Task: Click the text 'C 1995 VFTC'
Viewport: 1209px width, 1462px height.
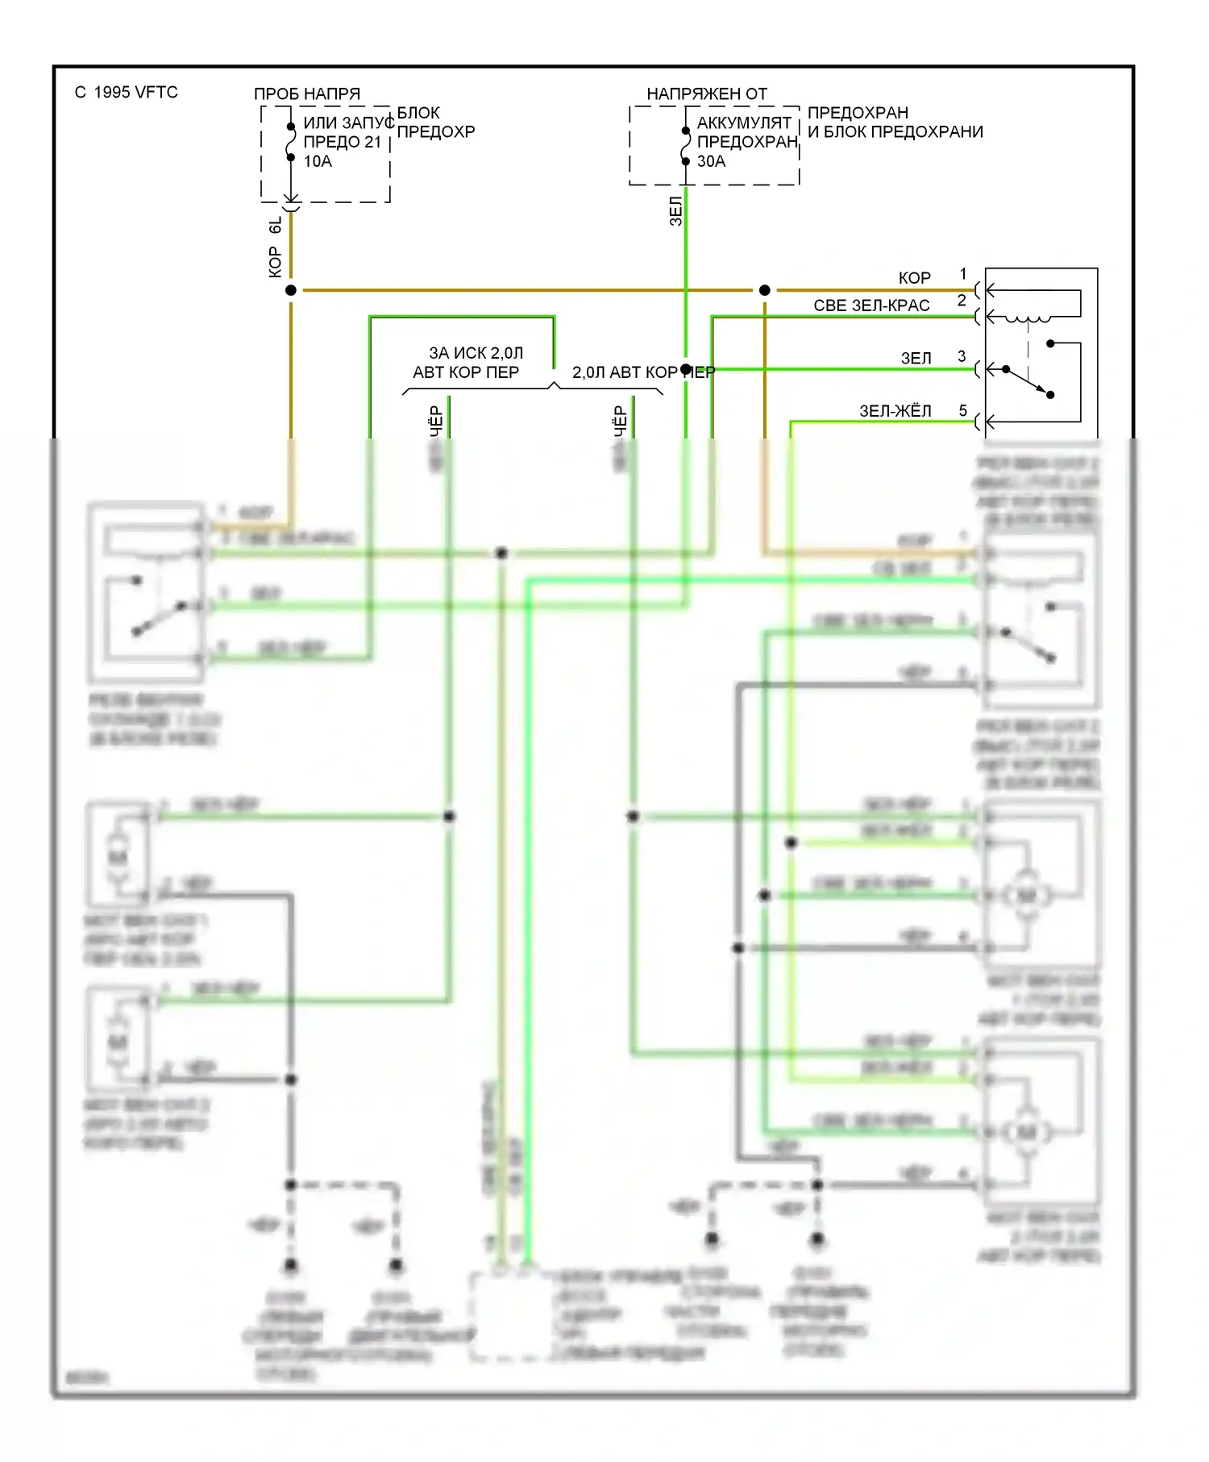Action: [x=127, y=92]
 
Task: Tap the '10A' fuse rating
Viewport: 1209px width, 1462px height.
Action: [x=318, y=161]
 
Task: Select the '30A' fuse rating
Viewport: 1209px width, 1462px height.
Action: [x=711, y=161]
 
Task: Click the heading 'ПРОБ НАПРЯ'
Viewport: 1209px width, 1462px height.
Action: [x=307, y=93]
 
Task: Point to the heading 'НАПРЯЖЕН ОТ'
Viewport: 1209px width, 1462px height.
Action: [x=707, y=93]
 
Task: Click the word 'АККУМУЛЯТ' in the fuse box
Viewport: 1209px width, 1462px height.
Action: [x=744, y=123]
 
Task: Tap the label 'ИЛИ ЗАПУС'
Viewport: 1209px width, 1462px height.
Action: [x=348, y=123]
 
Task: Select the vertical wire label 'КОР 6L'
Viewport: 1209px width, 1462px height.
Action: [x=276, y=247]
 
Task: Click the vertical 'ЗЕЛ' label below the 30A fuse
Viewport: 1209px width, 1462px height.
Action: [x=676, y=211]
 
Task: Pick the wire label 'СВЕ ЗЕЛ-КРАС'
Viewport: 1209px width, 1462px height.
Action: [x=871, y=305]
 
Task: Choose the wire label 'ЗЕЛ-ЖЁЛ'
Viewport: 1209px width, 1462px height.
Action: [x=895, y=411]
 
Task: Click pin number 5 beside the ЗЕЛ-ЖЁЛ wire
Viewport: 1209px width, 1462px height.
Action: [x=962, y=410]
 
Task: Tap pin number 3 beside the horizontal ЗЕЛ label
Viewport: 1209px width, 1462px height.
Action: [x=962, y=355]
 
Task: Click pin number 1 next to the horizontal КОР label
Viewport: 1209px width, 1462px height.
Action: [x=962, y=274]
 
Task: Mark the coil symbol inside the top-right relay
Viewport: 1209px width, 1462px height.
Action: [x=1027, y=318]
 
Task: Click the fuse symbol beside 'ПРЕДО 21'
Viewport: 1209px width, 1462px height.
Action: [x=291, y=142]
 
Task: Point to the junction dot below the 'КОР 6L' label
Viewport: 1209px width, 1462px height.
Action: [x=291, y=290]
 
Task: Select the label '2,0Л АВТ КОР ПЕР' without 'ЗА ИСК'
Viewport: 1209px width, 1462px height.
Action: [x=643, y=372]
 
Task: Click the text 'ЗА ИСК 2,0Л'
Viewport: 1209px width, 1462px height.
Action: [x=476, y=353]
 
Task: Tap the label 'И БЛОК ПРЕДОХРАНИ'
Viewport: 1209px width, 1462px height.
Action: [x=895, y=131]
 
